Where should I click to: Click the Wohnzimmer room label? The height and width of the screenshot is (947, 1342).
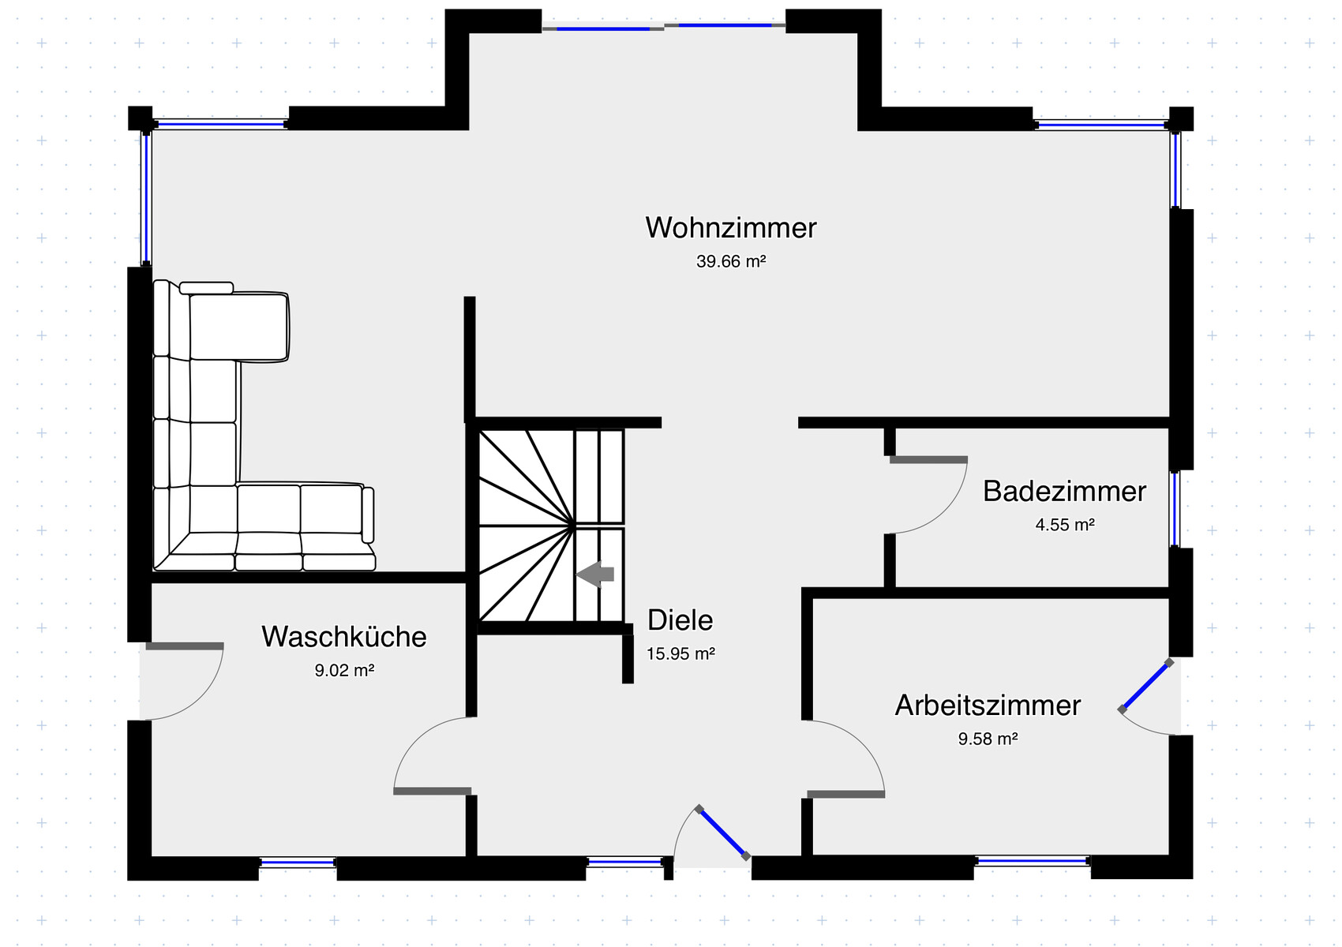click(x=730, y=228)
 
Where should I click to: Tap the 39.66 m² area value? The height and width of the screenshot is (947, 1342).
click(x=730, y=261)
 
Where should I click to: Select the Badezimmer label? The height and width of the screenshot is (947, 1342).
click(x=1064, y=492)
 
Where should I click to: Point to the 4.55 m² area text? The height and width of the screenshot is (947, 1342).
click(x=1064, y=525)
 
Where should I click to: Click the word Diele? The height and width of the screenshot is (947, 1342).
click(x=680, y=620)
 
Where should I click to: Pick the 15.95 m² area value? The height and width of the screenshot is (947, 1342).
click(x=680, y=653)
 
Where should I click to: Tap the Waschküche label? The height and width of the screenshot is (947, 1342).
click(x=343, y=637)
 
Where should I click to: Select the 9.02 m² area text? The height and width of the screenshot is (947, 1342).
click(x=343, y=671)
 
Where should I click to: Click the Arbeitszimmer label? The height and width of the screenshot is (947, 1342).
click(x=987, y=706)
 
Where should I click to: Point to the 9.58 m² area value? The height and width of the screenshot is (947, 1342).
click(x=987, y=739)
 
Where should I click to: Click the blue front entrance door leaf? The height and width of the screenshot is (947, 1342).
click(x=722, y=832)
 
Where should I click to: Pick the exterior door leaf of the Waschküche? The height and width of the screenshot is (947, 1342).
click(x=185, y=646)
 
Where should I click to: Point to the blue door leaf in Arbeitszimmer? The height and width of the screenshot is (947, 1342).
click(x=1145, y=686)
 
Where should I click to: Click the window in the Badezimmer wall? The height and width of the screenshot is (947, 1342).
click(x=1175, y=509)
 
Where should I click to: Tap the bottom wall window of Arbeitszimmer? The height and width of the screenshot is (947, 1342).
click(x=1032, y=861)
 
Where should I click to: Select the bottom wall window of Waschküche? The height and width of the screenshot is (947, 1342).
click(x=298, y=863)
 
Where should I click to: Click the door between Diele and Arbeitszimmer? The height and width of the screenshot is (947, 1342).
click(x=845, y=794)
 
